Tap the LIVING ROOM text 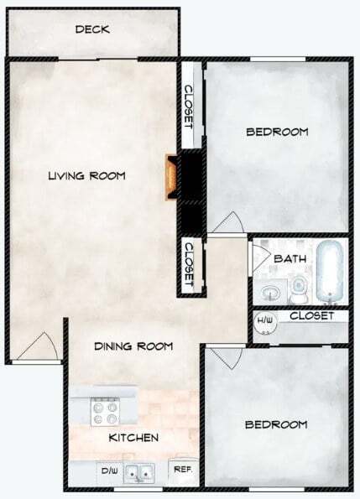pyautogui.click(x=86, y=176)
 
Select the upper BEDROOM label pyautogui.click(x=277, y=132)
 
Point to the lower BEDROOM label pyautogui.click(x=276, y=424)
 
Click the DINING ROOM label pyautogui.click(x=133, y=346)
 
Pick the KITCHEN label pyautogui.click(x=133, y=438)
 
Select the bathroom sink pyautogui.click(x=270, y=293)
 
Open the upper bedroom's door pyautogui.click(x=226, y=221)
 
